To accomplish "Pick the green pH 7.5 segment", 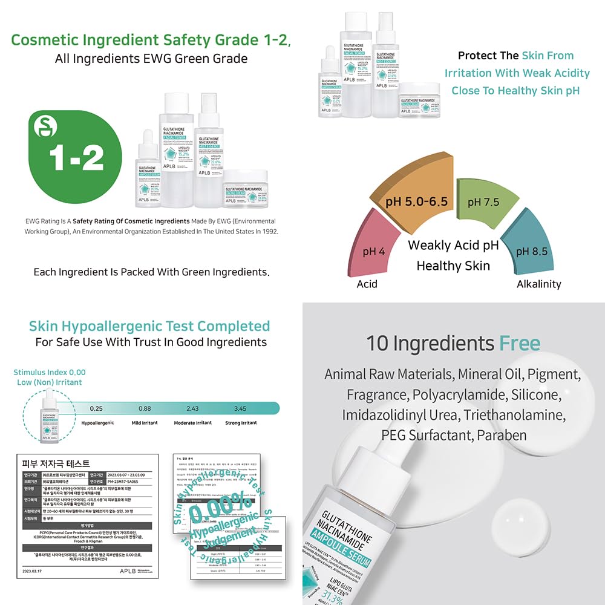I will pos(483,201).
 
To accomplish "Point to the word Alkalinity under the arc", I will pos(538,284).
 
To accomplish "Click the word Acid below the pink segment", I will pos(367,284).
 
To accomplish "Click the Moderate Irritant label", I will pos(192,423).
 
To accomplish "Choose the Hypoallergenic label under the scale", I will pos(98,423).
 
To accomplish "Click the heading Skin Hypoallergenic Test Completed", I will pos(149,326).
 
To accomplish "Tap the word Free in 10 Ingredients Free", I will pos(519,344).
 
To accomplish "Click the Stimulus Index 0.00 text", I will pos(50,372).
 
